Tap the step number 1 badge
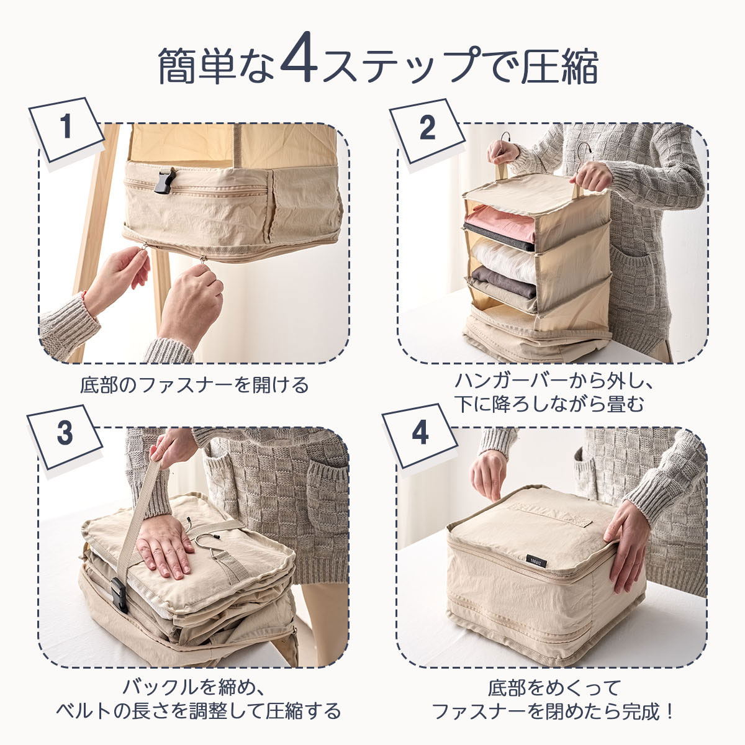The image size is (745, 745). point(66,130)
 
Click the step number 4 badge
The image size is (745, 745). point(420,436)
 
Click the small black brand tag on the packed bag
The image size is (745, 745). point(536,561)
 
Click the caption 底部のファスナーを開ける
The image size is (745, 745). point(194,385)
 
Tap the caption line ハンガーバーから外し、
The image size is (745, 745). point(554,381)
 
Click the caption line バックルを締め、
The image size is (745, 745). point(194,687)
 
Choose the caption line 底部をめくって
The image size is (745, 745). point(554,687)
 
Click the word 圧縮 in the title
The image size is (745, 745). point(559,66)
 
